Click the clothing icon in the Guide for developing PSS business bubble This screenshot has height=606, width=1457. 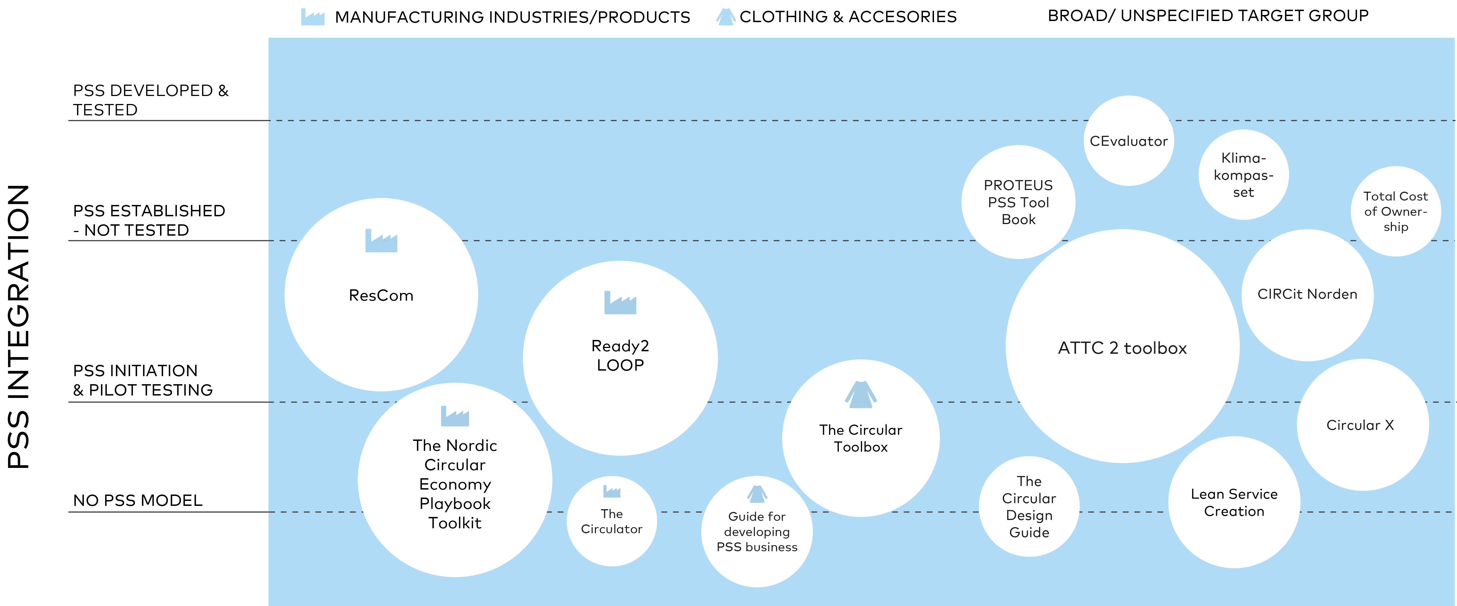point(757,494)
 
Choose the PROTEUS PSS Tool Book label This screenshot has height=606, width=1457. point(1018,202)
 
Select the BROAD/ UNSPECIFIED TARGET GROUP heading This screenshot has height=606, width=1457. point(1208,16)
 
